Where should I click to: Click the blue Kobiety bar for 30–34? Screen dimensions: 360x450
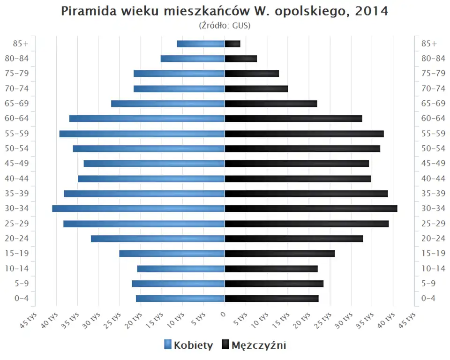138,209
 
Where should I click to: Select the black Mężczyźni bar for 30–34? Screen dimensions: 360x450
311,209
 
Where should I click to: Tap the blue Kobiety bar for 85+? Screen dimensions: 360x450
201,44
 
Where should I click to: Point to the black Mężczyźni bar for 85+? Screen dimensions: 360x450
232,44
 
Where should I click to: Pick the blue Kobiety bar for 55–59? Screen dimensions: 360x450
142,134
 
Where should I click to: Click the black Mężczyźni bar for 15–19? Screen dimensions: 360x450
280,254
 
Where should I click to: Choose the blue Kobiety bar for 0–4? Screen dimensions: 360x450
180,299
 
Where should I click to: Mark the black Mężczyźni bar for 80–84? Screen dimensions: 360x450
241,59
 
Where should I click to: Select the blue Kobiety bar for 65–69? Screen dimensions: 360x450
168,104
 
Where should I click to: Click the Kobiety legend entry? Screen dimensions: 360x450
189,345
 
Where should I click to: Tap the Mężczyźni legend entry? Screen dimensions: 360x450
254,345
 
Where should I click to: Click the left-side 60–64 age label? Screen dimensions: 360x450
16,119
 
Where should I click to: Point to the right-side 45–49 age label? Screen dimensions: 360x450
433,164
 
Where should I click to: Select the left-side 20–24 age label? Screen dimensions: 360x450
16,239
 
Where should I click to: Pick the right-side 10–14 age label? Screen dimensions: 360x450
433,269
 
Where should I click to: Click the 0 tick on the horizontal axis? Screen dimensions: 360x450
224,315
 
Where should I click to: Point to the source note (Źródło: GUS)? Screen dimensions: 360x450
225,25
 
